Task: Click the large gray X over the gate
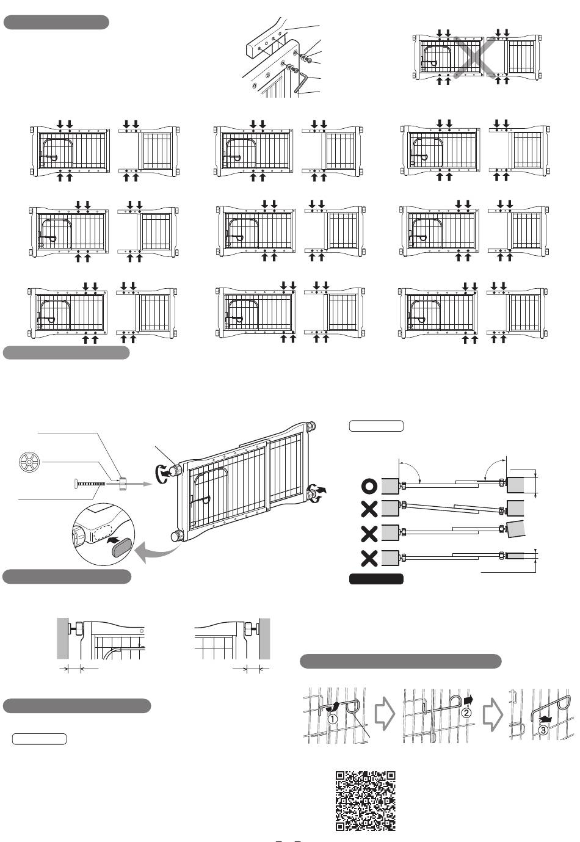[x=474, y=57]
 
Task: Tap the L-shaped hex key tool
[x=301, y=82]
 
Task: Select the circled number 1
[x=333, y=719]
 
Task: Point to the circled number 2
[x=466, y=713]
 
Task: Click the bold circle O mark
[x=369, y=486]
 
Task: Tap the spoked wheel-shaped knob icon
[x=29, y=462]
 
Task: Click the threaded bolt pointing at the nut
[x=89, y=484]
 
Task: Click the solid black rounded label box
[x=376, y=579]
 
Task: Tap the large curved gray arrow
[x=156, y=552]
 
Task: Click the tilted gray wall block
[x=515, y=529]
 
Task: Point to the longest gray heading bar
[x=401, y=661]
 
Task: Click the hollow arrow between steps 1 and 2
[x=385, y=713]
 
